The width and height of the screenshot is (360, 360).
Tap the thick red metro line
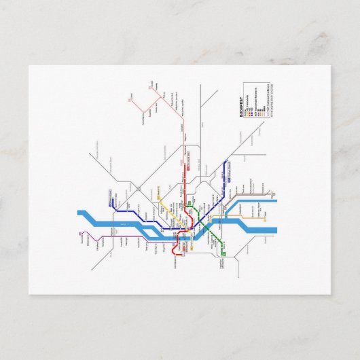[185, 197]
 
